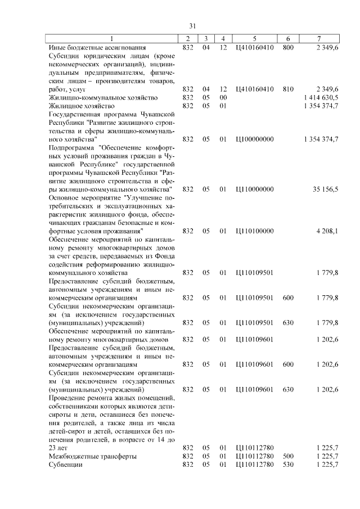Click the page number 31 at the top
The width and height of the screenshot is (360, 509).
(x=192, y=26)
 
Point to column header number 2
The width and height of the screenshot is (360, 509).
(x=187, y=38)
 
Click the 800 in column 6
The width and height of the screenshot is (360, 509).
(x=288, y=47)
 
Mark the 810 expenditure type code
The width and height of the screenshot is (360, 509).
(x=288, y=89)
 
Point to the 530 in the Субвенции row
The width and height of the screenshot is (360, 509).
(x=288, y=465)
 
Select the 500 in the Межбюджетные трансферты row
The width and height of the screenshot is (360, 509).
(x=288, y=456)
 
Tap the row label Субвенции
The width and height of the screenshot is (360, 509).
(x=66, y=465)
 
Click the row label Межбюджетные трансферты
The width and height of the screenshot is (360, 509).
(x=93, y=456)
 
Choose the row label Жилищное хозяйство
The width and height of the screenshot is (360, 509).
(x=82, y=106)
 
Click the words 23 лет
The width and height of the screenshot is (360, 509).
(x=60, y=448)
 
